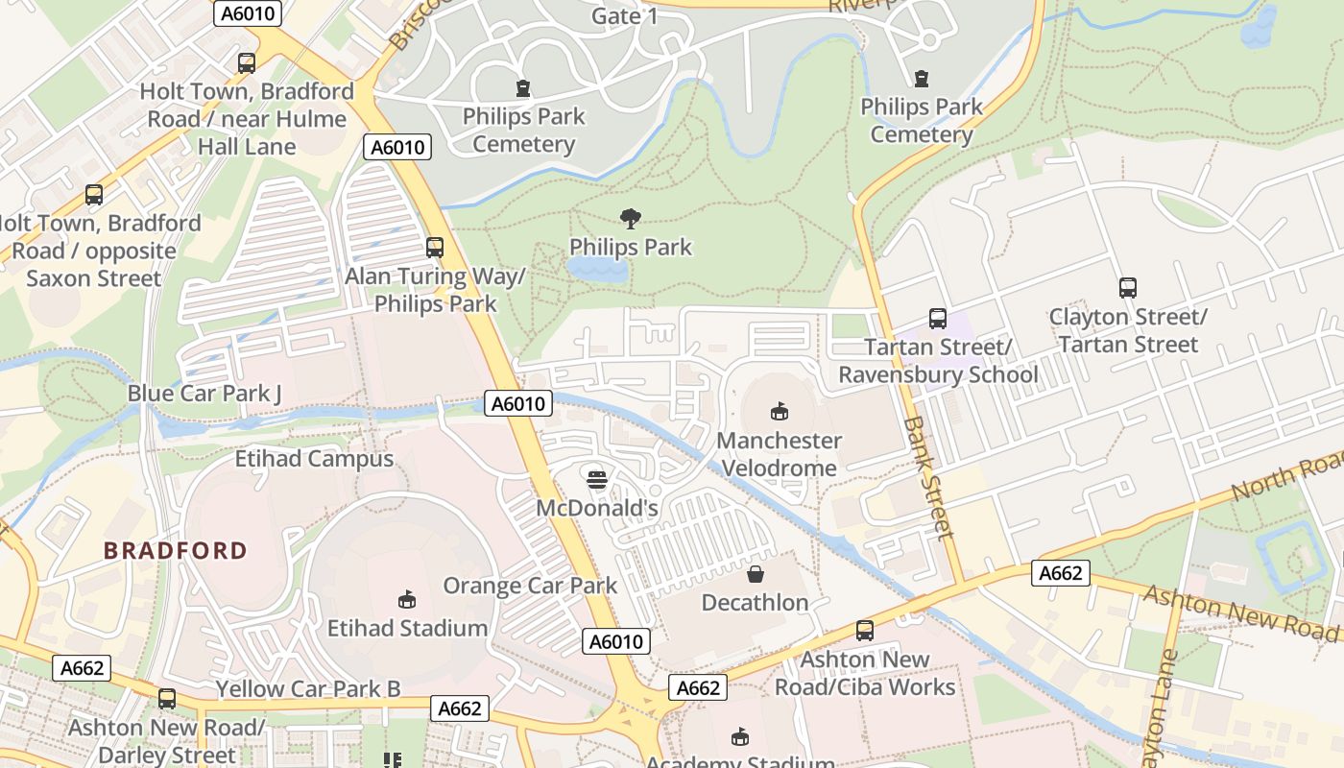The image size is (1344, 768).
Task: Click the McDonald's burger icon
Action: (597, 478)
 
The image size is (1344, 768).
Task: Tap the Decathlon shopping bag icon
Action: (756, 574)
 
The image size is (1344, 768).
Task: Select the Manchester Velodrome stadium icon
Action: (780, 412)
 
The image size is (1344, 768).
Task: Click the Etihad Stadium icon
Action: (407, 600)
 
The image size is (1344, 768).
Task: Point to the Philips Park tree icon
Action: (631, 219)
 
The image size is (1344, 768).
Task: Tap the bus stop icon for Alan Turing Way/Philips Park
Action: (435, 248)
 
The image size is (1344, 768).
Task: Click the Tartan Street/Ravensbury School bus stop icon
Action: (937, 319)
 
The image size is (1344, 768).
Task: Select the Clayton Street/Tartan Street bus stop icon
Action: (1128, 288)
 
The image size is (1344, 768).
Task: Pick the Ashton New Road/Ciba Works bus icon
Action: (865, 631)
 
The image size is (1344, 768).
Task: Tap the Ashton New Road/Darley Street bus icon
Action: (167, 699)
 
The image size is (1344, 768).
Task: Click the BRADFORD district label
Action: (176, 551)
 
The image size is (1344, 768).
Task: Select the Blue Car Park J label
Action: (204, 394)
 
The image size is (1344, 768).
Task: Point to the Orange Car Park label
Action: (530, 585)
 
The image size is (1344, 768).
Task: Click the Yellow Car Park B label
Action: (308, 688)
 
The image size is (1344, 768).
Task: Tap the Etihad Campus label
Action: (314, 459)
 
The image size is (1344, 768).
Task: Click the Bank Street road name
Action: (930, 477)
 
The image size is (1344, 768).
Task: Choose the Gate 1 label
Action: (625, 16)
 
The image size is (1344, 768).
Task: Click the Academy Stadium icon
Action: (739, 737)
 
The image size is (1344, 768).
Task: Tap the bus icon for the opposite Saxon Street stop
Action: (94, 195)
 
